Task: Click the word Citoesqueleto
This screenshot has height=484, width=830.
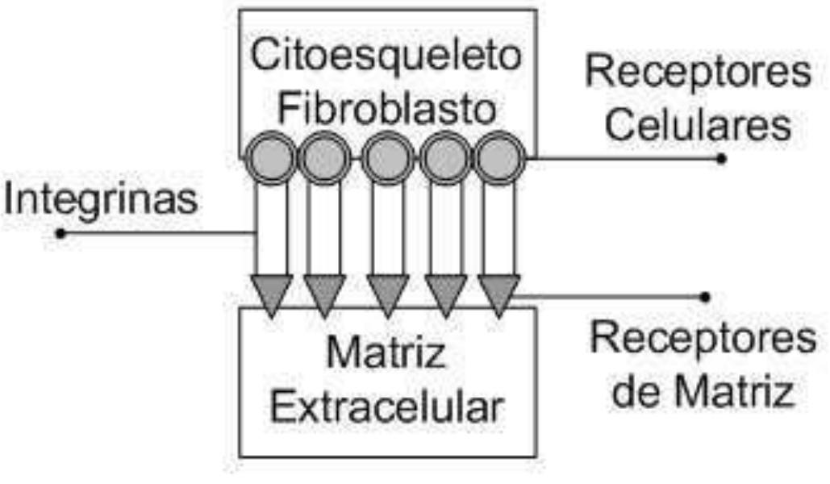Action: click(388, 56)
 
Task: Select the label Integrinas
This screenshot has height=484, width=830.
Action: click(100, 199)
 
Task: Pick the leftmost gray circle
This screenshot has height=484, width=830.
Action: click(270, 159)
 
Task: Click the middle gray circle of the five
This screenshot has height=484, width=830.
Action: click(387, 159)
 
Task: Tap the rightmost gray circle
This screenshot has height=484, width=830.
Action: click(499, 159)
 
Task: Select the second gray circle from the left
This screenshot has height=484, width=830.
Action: click(324, 159)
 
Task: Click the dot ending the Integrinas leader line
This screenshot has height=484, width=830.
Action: click(60, 234)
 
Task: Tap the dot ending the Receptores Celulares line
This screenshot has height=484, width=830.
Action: click(721, 159)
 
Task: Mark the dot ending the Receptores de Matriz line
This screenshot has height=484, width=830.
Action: click(706, 297)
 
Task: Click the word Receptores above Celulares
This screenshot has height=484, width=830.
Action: click(698, 73)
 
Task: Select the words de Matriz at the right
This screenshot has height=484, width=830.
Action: click(703, 393)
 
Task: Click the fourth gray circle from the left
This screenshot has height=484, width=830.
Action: click(446, 159)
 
